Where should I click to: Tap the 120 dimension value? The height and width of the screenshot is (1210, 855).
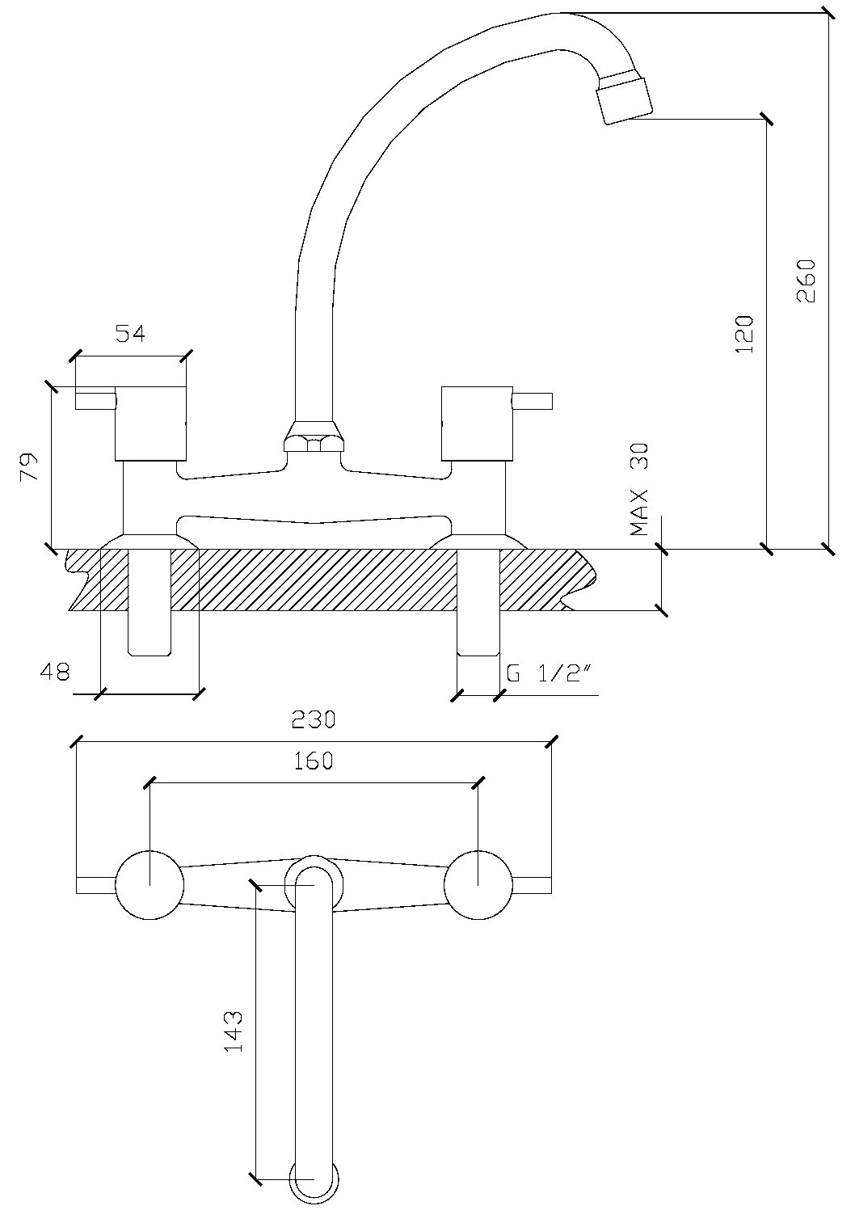click(743, 334)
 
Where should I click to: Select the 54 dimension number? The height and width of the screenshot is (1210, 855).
click(130, 333)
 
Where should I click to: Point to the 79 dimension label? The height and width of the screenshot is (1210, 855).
click(28, 466)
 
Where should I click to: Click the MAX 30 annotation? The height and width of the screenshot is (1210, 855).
click(639, 489)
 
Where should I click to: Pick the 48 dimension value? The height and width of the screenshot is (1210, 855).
click(55, 672)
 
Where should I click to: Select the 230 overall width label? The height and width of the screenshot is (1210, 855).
click(314, 719)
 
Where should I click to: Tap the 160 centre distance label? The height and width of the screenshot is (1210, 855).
click(314, 761)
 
